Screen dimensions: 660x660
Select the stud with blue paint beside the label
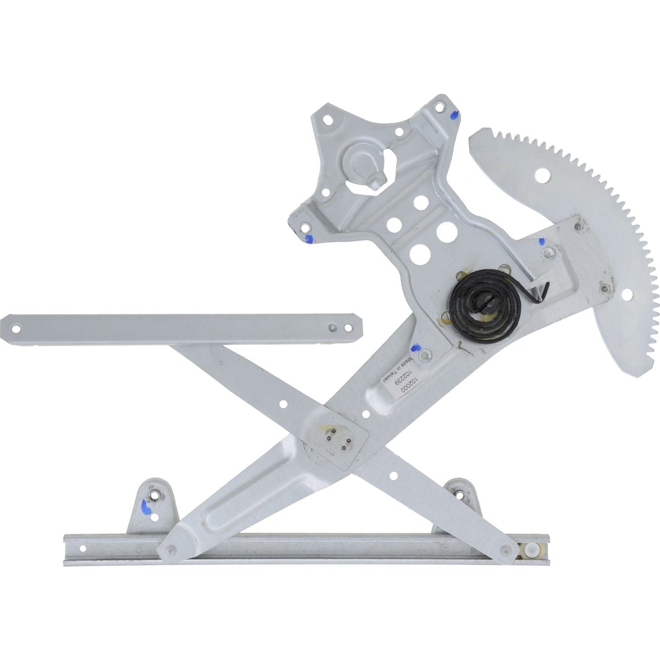click(x=425, y=353)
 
